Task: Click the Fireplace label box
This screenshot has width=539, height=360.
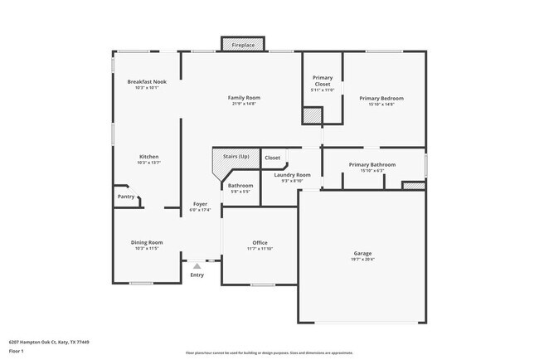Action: click(x=242, y=44)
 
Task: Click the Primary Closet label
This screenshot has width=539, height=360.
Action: click(x=323, y=81)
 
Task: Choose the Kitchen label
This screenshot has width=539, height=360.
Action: click(x=149, y=157)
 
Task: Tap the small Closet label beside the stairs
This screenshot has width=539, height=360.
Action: click(x=272, y=157)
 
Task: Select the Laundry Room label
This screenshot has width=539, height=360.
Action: click(x=292, y=175)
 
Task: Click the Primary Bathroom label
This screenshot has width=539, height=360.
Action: click(x=371, y=164)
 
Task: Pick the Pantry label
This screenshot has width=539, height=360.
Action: click(x=126, y=197)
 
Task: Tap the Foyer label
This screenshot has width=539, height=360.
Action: click(x=201, y=204)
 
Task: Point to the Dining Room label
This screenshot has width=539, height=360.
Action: click(x=147, y=242)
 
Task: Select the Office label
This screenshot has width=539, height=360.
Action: click(x=260, y=242)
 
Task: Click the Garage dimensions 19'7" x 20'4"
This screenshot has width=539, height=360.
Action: click(x=363, y=259)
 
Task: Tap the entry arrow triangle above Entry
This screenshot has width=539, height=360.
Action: click(x=197, y=266)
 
